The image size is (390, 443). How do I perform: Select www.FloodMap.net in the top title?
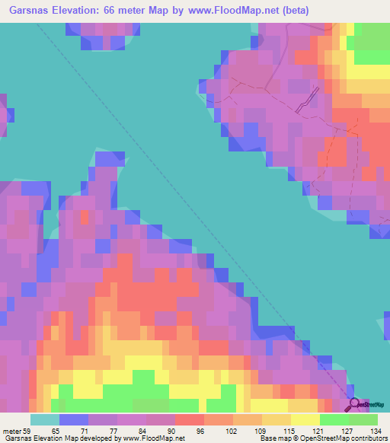[256, 11]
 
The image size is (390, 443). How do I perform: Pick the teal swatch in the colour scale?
[45, 419]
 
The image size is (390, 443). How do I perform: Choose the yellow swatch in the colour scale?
[305, 419]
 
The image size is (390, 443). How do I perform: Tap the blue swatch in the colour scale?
[74, 419]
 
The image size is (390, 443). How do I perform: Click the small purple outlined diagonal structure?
[307, 100]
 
